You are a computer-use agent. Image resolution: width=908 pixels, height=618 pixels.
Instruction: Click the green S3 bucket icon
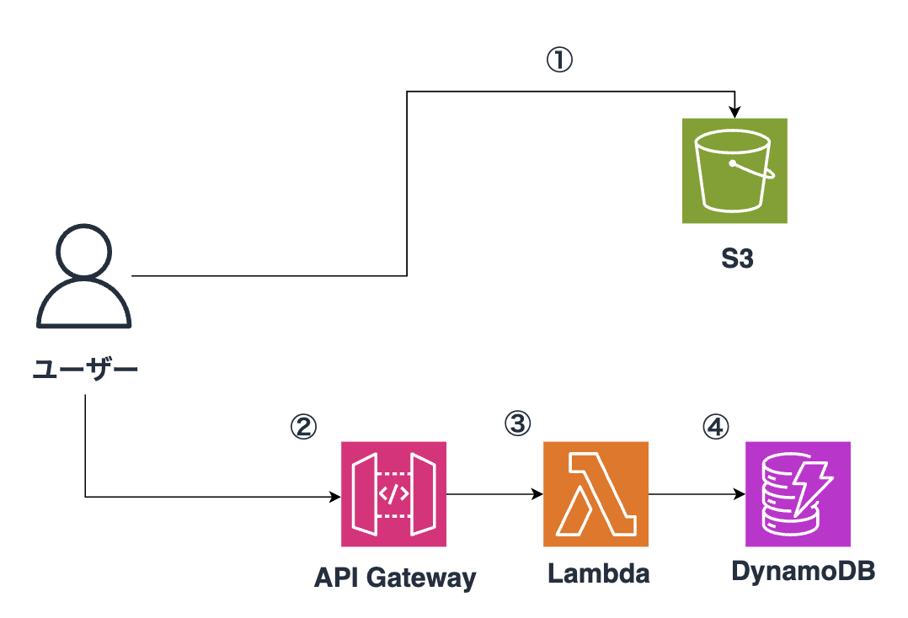pos(734,170)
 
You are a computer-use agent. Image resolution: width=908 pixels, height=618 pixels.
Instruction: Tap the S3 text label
pos(736,258)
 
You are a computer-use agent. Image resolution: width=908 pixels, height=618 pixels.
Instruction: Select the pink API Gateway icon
pos(393,494)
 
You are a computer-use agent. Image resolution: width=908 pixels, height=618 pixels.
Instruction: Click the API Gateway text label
pos(394,578)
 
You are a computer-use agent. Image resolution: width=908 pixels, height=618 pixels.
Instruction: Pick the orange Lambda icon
pos(596,494)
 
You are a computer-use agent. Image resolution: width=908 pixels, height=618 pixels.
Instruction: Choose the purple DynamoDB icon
pos(798,494)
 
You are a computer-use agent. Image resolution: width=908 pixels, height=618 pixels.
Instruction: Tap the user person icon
pos(83,278)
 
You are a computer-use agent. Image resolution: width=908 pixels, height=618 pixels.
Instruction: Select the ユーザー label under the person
pos(84,370)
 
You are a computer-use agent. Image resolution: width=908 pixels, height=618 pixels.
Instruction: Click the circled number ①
pos(559,60)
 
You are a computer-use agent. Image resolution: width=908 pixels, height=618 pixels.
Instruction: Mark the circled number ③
pos(517,424)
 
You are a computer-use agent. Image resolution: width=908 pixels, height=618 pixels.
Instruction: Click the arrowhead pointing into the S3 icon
pos(735,113)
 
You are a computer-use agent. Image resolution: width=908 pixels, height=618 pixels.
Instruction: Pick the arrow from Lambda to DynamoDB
pos(697,496)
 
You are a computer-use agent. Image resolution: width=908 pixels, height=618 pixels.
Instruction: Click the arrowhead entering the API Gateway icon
pos(334,497)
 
